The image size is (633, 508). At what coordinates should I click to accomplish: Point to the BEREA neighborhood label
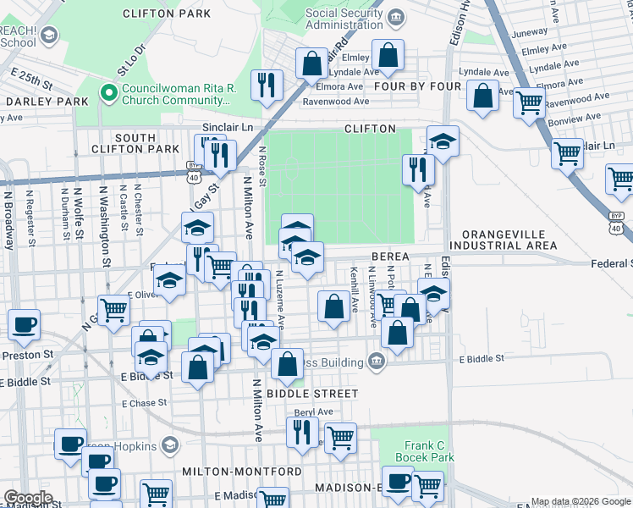[x=388, y=257]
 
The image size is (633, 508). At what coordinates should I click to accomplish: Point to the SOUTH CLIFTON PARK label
[x=135, y=144]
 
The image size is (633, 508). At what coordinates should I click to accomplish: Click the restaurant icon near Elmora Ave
[x=267, y=84]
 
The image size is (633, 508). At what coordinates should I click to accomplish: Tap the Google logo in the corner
[x=28, y=498]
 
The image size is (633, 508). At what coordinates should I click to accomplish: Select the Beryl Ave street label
[x=313, y=412]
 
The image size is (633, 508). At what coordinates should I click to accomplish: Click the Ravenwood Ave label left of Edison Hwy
[x=336, y=102]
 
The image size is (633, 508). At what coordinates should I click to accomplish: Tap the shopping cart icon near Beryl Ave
[x=340, y=439]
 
